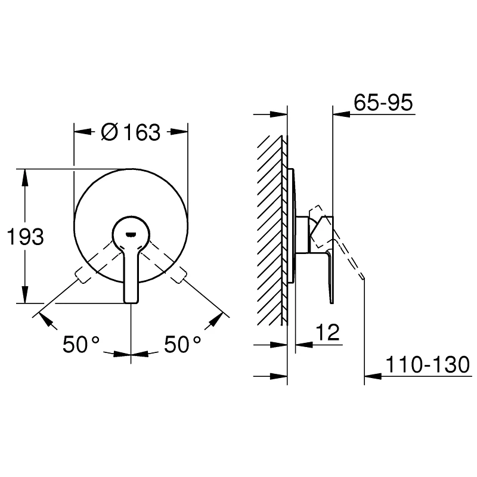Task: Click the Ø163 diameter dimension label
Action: [x=131, y=132]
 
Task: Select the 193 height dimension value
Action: [x=25, y=237]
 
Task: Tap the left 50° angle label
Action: [x=81, y=344]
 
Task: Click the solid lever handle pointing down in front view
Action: [x=132, y=274]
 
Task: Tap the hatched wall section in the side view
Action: [x=271, y=233]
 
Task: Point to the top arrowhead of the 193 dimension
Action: [x=25, y=175]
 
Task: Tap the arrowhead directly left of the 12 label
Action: [x=302, y=345]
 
